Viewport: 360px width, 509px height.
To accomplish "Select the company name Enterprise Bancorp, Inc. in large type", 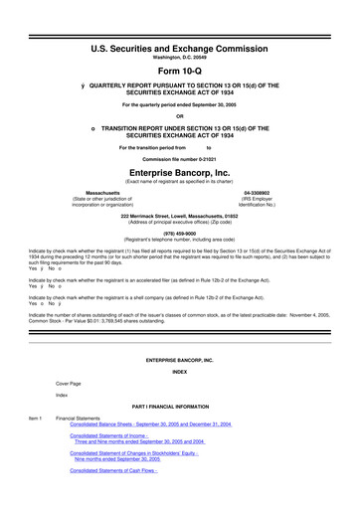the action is pos(180,172).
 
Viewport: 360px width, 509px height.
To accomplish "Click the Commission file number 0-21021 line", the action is pos(180,158).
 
